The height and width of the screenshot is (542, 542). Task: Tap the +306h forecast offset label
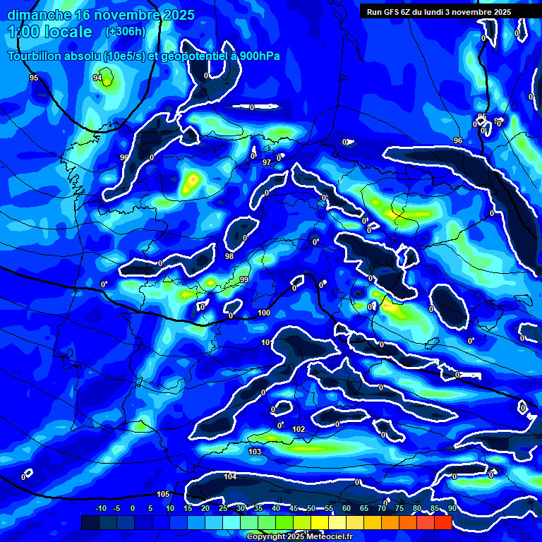(126, 32)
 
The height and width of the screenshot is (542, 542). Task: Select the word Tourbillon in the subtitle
(37, 56)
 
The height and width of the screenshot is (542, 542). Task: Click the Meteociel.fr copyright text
(299, 536)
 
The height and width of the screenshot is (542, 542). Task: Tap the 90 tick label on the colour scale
(452, 508)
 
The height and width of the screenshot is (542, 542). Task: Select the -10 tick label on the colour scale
(100, 508)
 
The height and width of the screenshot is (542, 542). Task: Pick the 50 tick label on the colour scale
(311, 508)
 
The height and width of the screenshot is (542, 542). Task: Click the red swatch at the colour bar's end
(442, 522)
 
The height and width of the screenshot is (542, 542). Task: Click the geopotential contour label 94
(97, 78)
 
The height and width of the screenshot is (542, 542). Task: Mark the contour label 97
(267, 163)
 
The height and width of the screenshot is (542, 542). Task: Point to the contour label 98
(229, 256)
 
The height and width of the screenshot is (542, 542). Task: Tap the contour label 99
(244, 280)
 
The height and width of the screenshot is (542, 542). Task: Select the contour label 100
(264, 313)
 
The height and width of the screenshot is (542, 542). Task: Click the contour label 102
(299, 429)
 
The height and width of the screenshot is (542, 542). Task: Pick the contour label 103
(255, 452)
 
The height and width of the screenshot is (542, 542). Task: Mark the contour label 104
(230, 477)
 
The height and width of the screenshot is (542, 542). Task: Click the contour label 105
(163, 494)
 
